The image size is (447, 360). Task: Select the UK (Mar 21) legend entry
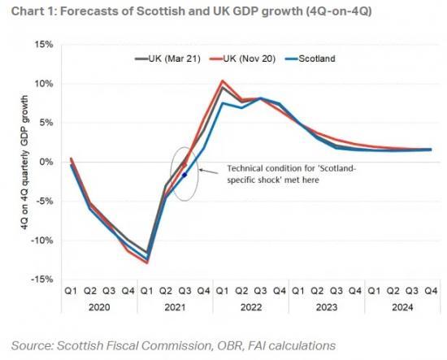(167, 59)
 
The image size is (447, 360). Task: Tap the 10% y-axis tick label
(42, 84)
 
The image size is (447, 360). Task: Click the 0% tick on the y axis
(46, 162)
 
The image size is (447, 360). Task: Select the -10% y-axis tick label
(41, 241)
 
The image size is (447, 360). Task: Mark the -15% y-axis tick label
(41, 280)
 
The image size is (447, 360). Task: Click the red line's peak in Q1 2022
(223, 80)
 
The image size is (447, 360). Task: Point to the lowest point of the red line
(147, 262)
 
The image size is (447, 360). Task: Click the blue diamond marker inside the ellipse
(184, 175)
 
